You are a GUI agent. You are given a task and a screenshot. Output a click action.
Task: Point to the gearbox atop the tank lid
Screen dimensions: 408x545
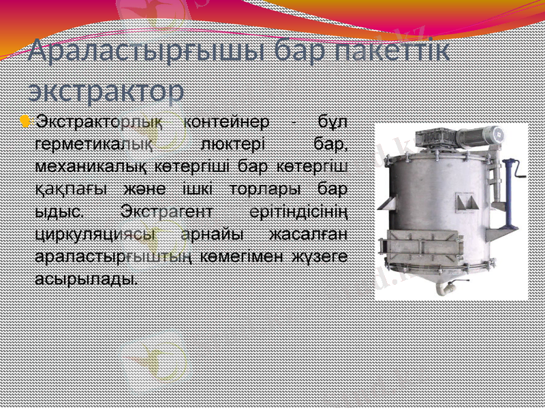point(436,139)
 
